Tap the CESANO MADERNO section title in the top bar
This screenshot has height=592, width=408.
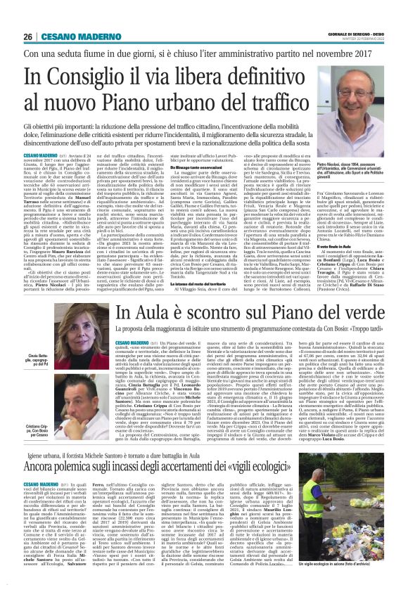coord(75,36)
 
